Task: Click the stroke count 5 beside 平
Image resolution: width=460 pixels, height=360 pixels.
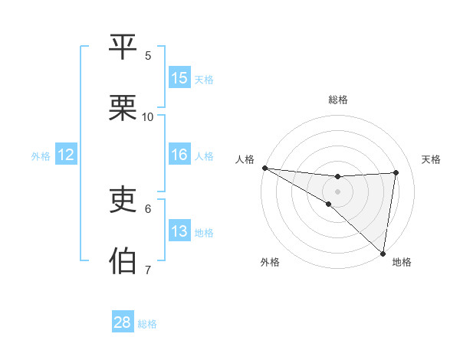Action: pyautogui.click(x=148, y=55)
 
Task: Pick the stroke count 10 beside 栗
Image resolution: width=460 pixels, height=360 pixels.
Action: pyautogui.click(x=148, y=117)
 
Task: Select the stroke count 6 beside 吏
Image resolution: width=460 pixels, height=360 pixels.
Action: pyautogui.click(x=148, y=208)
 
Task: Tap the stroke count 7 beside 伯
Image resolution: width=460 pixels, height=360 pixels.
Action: pyautogui.click(x=148, y=270)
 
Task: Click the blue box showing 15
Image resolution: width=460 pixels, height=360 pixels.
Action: pyautogui.click(x=179, y=78)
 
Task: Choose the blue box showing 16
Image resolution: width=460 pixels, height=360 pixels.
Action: pyautogui.click(x=179, y=155)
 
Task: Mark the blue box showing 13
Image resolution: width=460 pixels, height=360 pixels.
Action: pyautogui.click(x=179, y=231)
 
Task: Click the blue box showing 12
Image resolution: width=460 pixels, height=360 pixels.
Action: pyautogui.click(x=66, y=155)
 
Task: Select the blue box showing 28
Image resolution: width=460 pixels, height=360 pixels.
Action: pyautogui.click(x=123, y=322)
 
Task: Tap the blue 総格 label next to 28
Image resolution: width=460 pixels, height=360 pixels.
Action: pyautogui.click(x=147, y=324)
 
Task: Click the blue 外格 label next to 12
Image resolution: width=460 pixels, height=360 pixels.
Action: pyautogui.click(x=41, y=156)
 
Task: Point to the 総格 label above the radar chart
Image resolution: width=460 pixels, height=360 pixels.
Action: pyautogui.click(x=338, y=100)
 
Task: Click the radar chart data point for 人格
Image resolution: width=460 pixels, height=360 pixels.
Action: pyautogui.click(x=264, y=168)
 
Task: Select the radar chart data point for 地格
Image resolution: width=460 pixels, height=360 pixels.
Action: pyautogui.click(x=383, y=253)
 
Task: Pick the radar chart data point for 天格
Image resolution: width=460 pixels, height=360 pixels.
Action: pyautogui.click(x=396, y=172)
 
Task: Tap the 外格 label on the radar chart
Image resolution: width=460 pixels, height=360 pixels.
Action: pyautogui.click(x=270, y=262)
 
